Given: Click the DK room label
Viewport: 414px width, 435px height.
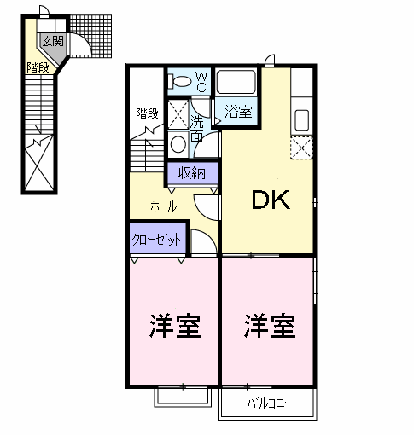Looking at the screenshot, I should pos(271,201).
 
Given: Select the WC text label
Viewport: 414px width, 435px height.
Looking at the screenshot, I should pos(202,81).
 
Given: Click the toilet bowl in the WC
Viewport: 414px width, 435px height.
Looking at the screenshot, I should pos(181,82).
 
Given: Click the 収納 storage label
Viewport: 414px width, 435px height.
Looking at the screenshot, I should pos(192,173).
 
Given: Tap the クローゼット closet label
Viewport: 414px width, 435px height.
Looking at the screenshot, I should pos(156,241).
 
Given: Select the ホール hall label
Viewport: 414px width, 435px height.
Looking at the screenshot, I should pos(163,206).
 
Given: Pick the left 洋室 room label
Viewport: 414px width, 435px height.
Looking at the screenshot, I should pos(175,325).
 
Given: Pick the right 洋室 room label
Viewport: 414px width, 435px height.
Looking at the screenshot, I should pos(270,325).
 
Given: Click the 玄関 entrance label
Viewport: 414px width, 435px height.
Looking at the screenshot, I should pos(51,40).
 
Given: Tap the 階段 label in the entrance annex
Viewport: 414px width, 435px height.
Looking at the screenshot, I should pos(37,67).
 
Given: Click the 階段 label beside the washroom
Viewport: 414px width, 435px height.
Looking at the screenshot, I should pos(147,113).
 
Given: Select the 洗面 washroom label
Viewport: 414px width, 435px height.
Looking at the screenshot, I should pos(197,128).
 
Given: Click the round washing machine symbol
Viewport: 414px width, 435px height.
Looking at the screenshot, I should pos(178,143).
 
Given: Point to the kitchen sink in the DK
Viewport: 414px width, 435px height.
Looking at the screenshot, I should pos(301,116).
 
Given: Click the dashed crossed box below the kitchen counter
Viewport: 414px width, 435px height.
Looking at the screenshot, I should pos(301,148).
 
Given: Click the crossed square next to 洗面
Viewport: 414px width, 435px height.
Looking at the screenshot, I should pos(178,113).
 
